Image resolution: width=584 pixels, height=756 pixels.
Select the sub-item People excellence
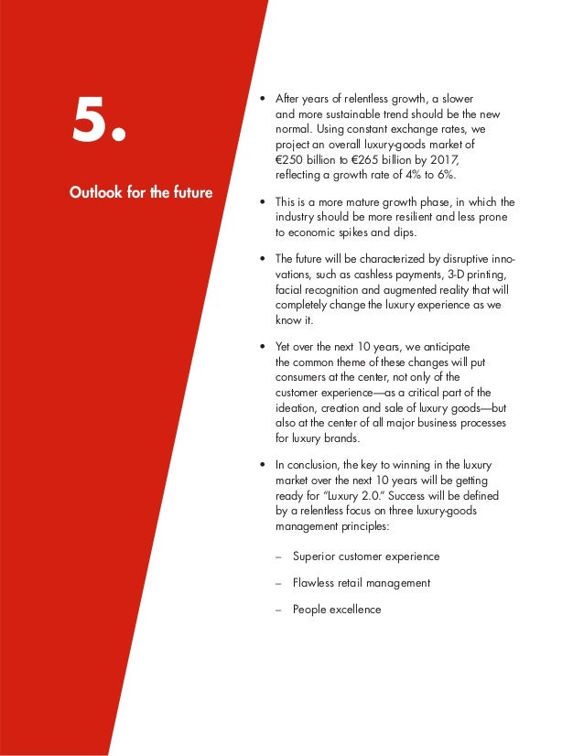click(337, 609)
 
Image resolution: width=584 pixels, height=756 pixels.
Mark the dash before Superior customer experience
click(278, 556)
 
